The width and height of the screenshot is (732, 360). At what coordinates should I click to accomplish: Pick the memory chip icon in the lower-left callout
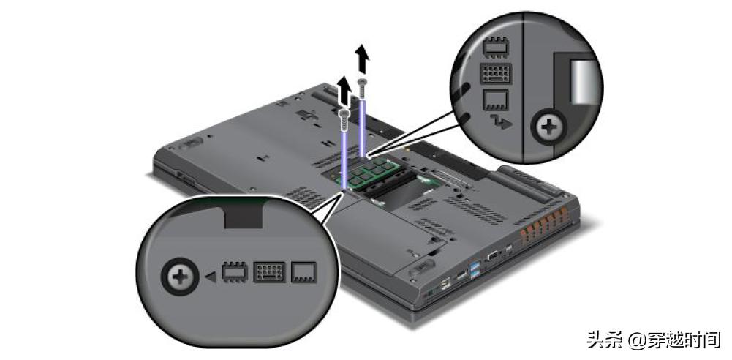pyautogui.click(x=233, y=273)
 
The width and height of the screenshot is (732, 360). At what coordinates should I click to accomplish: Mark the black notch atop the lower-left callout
pyautogui.click(x=244, y=215)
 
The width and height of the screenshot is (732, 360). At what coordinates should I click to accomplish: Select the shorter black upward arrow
pyautogui.click(x=344, y=90)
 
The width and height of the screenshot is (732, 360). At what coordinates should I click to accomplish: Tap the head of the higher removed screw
pyautogui.click(x=361, y=82)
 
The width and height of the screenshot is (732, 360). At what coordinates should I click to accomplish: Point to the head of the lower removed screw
pyautogui.click(x=344, y=113)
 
